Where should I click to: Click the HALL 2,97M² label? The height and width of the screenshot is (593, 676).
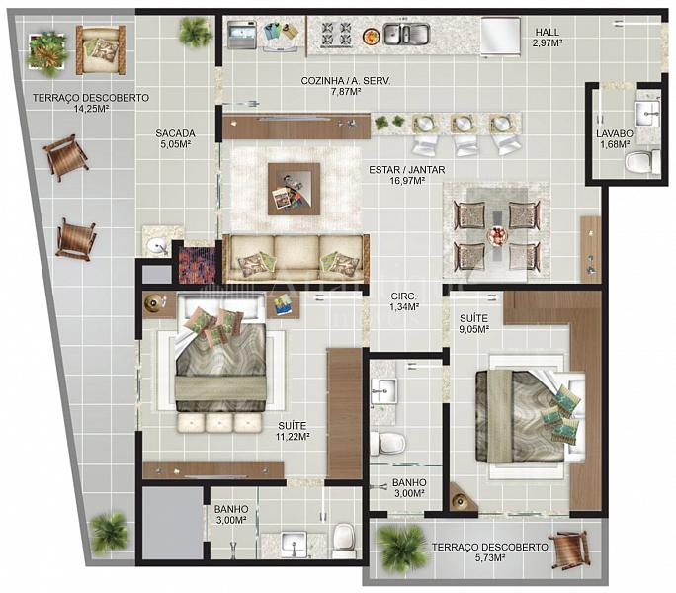tap(548, 38)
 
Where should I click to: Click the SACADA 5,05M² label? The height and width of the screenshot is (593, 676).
tap(176, 139)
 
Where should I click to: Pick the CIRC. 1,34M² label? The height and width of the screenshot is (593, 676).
tap(404, 301)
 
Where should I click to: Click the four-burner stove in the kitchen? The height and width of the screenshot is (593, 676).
tap(336, 34)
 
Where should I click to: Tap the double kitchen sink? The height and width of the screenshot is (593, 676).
tap(405, 34)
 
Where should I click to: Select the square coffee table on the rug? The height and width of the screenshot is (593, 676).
tap(295, 189)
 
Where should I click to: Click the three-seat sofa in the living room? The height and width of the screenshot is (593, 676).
tap(296, 259)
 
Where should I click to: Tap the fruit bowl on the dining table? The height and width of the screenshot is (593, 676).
tap(497, 236)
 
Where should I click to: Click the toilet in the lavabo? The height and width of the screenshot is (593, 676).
tap(643, 163)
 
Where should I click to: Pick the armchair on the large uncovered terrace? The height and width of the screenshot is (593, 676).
tap(101, 49)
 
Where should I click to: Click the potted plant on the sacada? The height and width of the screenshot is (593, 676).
tap(196, 31)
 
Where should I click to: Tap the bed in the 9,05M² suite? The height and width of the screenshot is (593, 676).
tap(531, 415)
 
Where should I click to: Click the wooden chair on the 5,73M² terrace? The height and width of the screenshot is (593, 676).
tap(569, 550)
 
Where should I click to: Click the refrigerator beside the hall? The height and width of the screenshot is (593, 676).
tap(500, 36)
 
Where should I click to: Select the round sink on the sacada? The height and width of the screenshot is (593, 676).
tap(156, 246)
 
